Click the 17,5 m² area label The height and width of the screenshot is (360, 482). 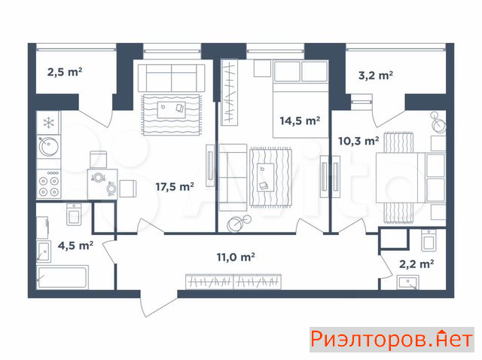[x=175, y=187]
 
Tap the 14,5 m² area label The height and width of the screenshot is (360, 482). [x=300, y=121]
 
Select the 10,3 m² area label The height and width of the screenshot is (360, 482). [x=358, y=141]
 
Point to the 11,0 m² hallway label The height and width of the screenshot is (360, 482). [x=236, y=257]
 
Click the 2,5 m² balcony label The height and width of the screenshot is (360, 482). [x=65, y=72]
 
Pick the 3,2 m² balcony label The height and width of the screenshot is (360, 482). [x=376, y=75]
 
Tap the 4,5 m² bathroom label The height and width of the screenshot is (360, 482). [x=75, y=246]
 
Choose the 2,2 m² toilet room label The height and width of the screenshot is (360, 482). [x=416, y=264]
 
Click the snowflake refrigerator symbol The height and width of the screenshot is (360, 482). [x=48, y=123]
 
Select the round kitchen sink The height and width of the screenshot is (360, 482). [x=48, y=146]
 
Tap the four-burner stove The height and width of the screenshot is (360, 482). [x=48, y=184]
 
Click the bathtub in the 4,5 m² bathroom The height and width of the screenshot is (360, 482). [x=63, y=278]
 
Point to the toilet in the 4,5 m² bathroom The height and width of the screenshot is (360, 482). [x=74, y=215]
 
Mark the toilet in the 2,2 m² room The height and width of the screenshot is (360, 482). [x=429, y=240]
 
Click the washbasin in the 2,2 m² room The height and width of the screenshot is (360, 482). [x=407, y=282]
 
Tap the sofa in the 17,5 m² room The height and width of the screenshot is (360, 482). [x=172, y=78]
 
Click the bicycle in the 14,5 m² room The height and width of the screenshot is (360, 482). [x=239, y=224]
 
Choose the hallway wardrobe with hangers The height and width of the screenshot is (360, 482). [x=233, y=282]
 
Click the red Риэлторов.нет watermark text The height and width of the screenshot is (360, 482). [x=392, y=340]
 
